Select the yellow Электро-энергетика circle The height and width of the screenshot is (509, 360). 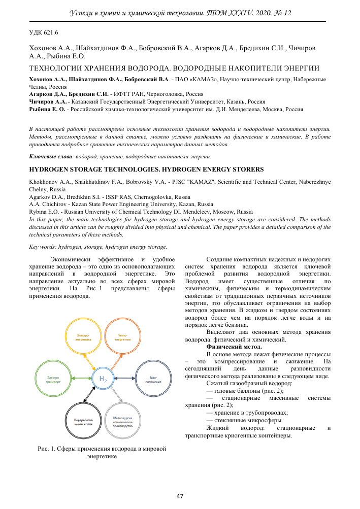point(84,337)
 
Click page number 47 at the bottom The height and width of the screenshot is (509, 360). point(180,496)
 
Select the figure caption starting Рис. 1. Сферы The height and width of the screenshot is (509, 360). point(102,453)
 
